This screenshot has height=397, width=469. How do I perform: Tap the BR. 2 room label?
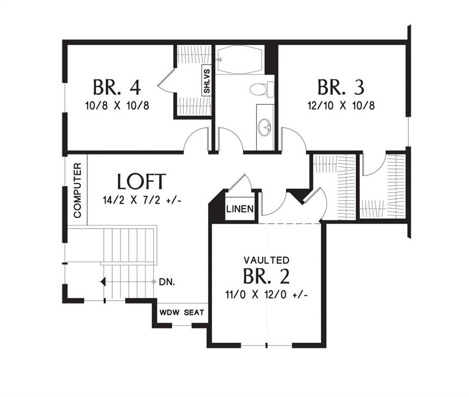tap(266, 276)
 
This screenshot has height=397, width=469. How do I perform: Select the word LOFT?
tap(141, 182)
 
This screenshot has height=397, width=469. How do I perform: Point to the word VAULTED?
tap(266, 260)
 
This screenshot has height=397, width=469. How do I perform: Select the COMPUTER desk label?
tap(77, 190)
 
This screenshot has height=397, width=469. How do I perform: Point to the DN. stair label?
tap(167, 282)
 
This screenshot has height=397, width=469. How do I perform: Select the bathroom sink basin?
tap(265, 127)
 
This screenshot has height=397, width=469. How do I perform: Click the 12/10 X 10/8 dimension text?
tap(340, 105)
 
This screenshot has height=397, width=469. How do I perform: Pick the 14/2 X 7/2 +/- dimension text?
tap(141, 200)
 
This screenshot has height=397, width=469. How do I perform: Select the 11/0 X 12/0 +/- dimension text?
tap(266, 295)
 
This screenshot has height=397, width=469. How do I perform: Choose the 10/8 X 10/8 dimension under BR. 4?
tap(117, 105)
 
